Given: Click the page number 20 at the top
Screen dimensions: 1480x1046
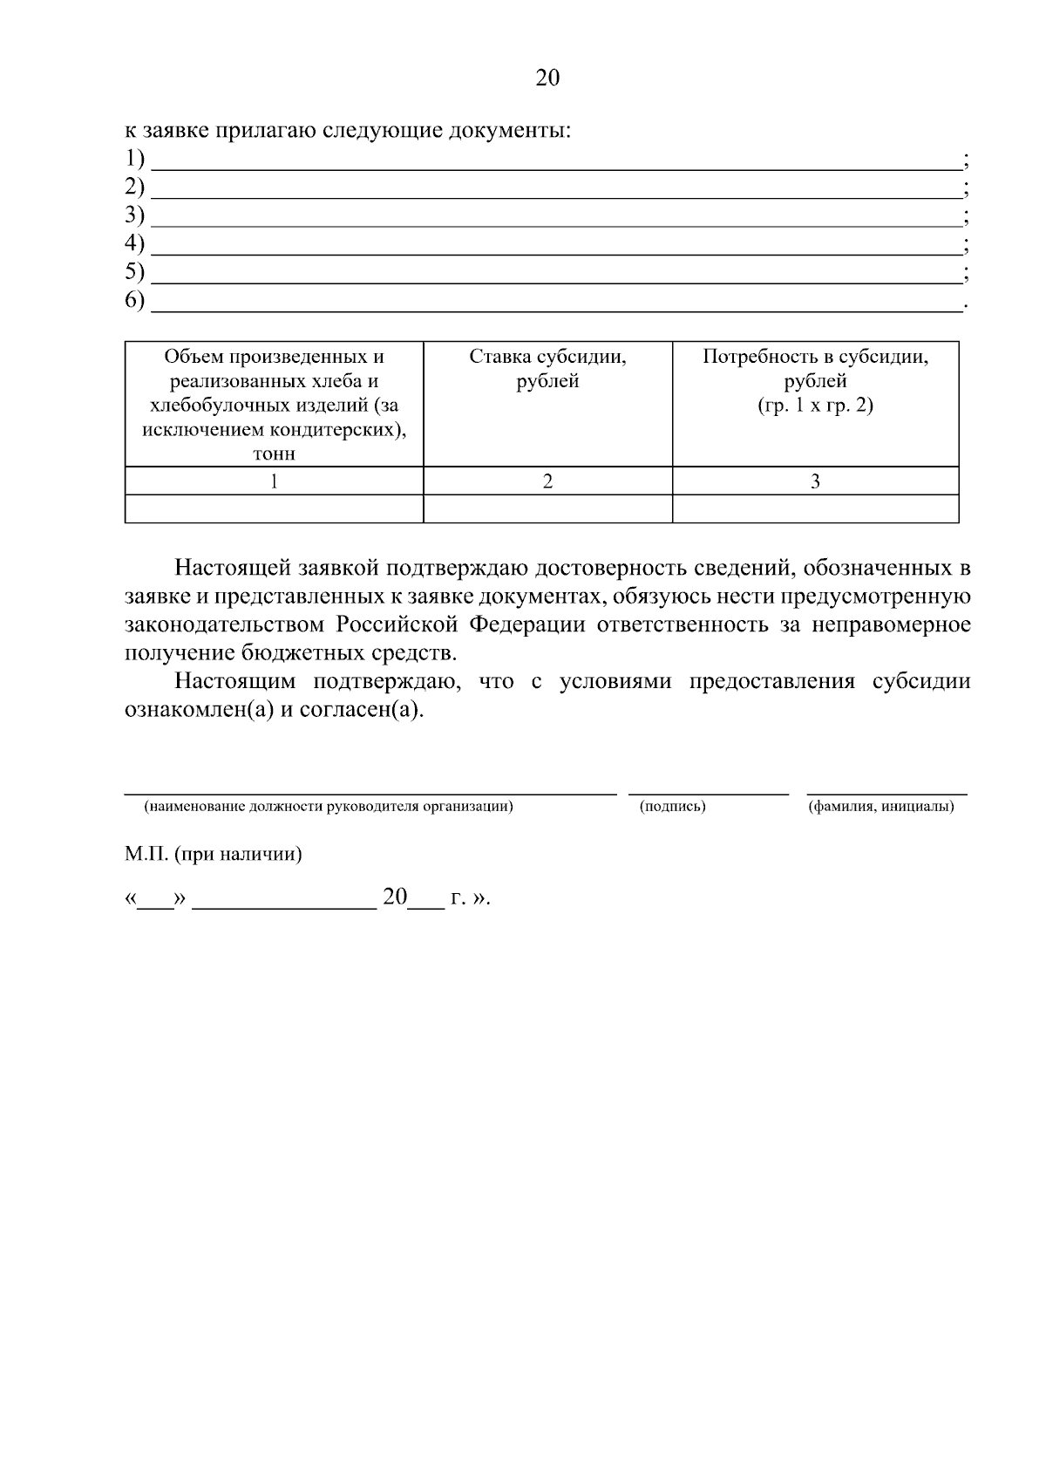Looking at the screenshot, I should click(x=547, y=78).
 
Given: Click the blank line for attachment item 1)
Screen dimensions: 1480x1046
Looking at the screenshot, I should click(x=554, y=164).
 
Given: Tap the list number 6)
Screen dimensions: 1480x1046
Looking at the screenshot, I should click(x=134, y=301).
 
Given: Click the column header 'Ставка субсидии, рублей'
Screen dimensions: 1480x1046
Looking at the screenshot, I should click(x=547, y=369).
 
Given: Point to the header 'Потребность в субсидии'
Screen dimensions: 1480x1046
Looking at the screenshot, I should click(x=815, y=358).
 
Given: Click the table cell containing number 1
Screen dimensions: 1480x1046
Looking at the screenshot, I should click(x=274, y=481).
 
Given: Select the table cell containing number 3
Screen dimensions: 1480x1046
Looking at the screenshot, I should click(x=815, y=481).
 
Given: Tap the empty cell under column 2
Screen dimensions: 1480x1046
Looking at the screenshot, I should click(x=547, y=508).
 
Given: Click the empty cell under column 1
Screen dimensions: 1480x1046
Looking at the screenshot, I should click(x=274, y=508).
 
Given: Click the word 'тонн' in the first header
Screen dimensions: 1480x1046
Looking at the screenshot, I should click(x=274, y=454).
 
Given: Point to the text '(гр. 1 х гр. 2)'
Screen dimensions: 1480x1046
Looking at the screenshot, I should click(x=815, y=406).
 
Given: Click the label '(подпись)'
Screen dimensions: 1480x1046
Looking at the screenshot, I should click(x=672, y=807).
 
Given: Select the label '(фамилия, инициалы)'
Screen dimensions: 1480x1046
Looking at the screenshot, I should click(x=880, y=807).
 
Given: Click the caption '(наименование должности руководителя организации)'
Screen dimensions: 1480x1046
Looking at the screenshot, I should click(x=329, y=807).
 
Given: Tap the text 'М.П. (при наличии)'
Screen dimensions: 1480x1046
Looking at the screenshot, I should click(x=213, y=854).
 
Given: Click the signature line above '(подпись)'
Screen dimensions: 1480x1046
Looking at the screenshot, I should click(x=708, y=792).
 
